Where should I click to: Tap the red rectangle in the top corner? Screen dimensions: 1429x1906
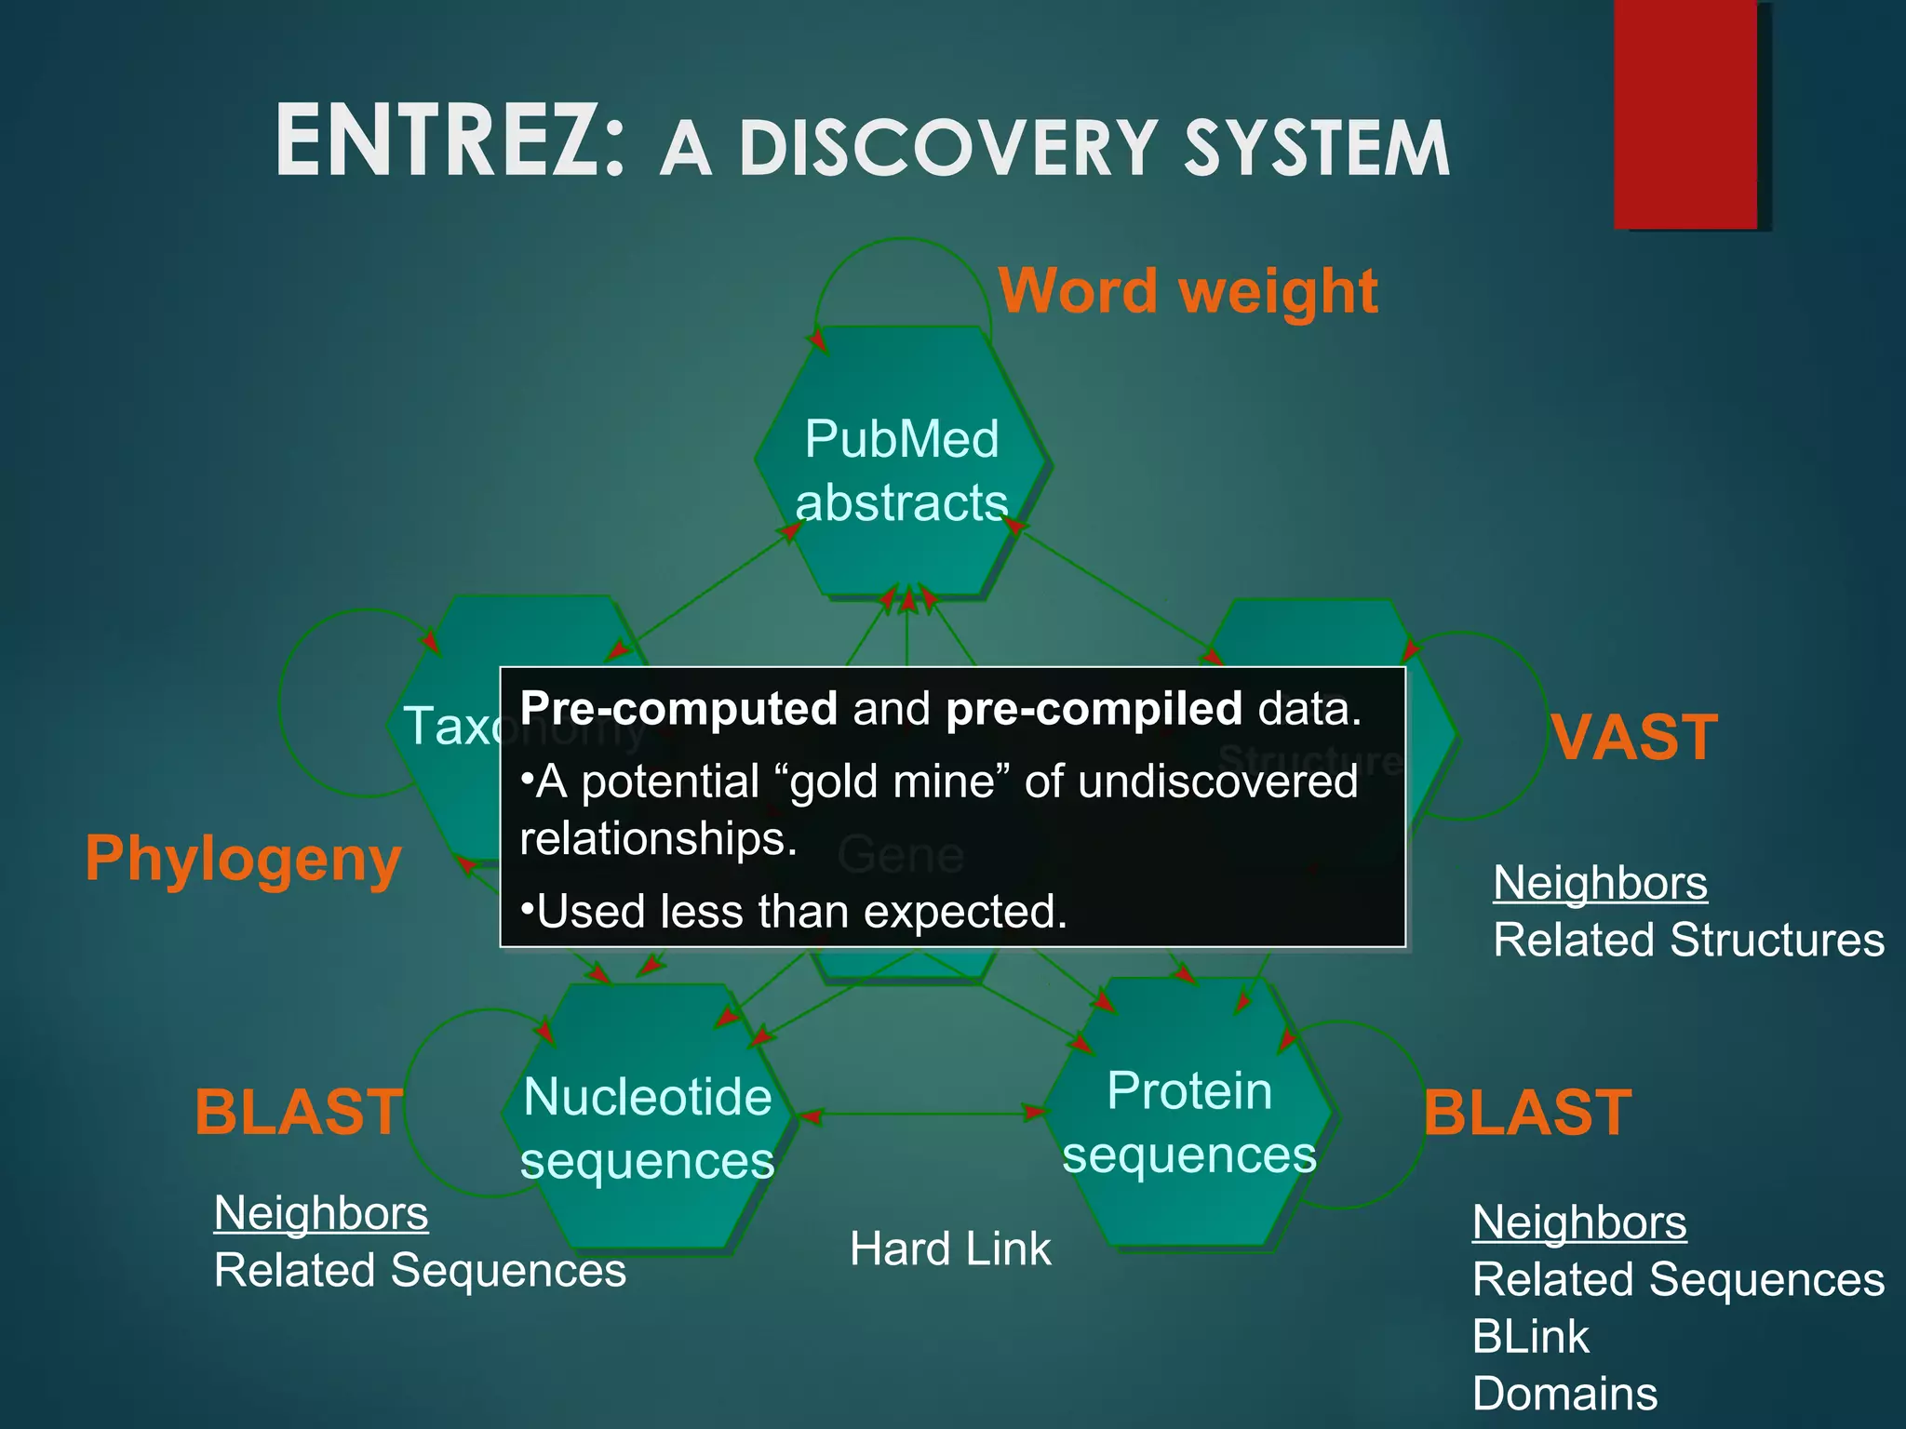click(1685, 114)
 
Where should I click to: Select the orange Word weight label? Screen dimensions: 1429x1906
click(1188, 291)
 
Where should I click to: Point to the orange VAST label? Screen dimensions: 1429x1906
click(1635, 738)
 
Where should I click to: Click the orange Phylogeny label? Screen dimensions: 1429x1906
click(243, 859)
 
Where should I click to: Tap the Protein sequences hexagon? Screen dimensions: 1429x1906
click(1189, 1120)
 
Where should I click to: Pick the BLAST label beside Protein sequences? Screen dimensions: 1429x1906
click(1527, 1113)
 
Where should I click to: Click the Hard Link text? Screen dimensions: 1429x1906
click(949, 1249)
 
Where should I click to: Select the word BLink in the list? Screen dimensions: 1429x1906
click(1530, 1337)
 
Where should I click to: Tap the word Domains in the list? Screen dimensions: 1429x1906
click(1564, 1394)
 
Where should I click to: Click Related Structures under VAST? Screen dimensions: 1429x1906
click(1688, 940)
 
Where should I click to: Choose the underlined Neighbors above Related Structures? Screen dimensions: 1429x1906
click(1600, 882)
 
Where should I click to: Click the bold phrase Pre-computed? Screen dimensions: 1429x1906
click(678, 709)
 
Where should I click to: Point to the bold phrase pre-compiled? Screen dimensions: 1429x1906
click(1094, 709)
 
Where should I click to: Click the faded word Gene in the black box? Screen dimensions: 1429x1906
click(900, 855)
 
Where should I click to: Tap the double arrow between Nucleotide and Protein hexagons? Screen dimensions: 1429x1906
click(921, 1114)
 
